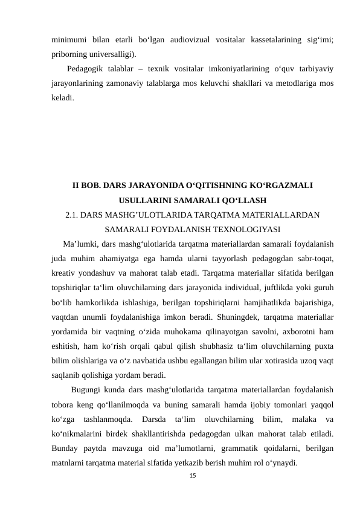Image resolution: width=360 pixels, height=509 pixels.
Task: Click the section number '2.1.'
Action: click(72, 214)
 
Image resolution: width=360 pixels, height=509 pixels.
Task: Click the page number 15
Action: click(193, 477)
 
